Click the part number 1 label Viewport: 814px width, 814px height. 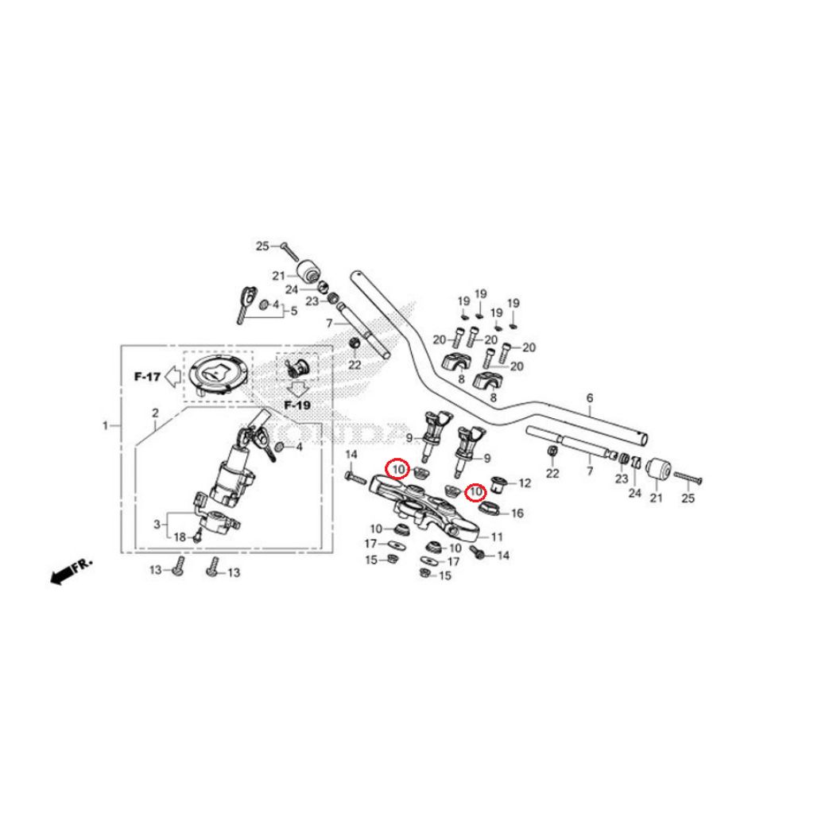click(x=105, y=426)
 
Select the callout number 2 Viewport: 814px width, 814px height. click(x=156, y=413)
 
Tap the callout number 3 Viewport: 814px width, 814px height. click(x=157, y=524)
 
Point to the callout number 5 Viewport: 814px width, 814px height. click(x=293, y=311)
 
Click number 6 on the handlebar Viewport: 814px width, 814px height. click(x=590, y=397)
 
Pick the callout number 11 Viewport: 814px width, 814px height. click(x=497, y=537)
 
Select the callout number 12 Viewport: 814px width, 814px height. click(x=524, y=483)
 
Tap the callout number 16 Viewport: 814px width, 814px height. click(x=517, y=514)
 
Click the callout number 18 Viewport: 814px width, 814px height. click(x=180, y=538)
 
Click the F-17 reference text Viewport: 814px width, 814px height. click(x=146, y=377)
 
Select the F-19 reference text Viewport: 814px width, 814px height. click(x=298, y=405)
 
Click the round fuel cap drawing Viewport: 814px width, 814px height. click(x=216, y=374)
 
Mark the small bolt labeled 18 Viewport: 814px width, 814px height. click(x=199, y=537)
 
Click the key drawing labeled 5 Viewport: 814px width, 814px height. click(x=243, y=303)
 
